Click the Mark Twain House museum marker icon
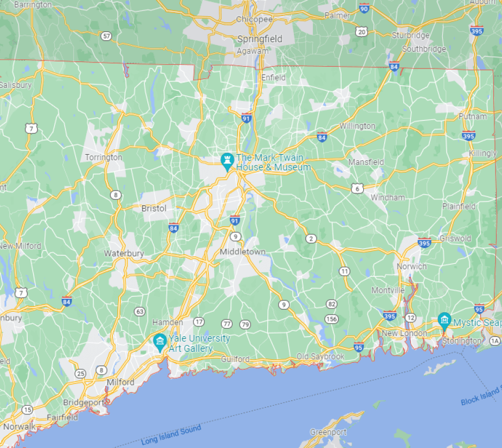[x=227, y=160]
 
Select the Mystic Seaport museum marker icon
[x=444, y=320]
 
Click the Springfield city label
[x=260, y=39]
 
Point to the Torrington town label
[x=104, y=157]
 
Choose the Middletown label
[x=242, y=252]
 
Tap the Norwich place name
[x=411, y=266]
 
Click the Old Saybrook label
[x=320, y=357]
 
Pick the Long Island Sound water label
[x=171, y=434]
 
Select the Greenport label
[x=328, y=432]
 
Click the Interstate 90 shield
[x=364, y=9]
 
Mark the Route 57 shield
[x=106, y=36]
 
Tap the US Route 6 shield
[x=357, y=188]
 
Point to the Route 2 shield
[x=311, y=238]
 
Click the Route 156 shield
[x=331, y=318]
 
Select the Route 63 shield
[x=140, y=311]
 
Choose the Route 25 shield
[x=81, y=373]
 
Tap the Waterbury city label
[x=124, y=254]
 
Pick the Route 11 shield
[x=344, y=271]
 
